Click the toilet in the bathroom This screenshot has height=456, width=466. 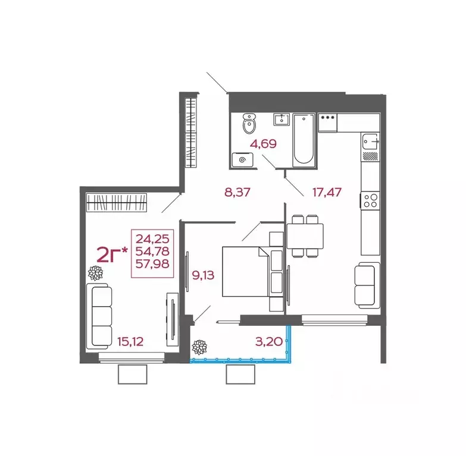(249, 123)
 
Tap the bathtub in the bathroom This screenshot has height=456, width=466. (304, 140)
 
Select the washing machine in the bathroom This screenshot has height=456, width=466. (242, 160)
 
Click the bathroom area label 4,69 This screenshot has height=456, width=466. (263, 144)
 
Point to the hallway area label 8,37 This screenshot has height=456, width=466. (237, 192)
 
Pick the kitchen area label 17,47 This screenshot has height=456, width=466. (327, 192)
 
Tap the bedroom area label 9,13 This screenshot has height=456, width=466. (203, 275)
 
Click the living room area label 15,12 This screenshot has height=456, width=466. (130, 342)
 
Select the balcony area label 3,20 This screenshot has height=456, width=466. (268, 342)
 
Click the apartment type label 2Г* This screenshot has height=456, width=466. (112, 255)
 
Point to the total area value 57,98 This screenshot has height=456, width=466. (152, 263)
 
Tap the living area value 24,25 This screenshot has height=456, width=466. (152, 238)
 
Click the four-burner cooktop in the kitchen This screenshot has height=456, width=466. (370, 201)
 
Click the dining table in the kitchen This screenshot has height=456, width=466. (305, 236)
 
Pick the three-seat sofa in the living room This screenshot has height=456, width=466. (99, 316)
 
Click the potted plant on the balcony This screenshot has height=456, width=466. (199, 347)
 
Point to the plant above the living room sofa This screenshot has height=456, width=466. (95, 273)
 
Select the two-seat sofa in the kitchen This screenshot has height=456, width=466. (367, 285)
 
